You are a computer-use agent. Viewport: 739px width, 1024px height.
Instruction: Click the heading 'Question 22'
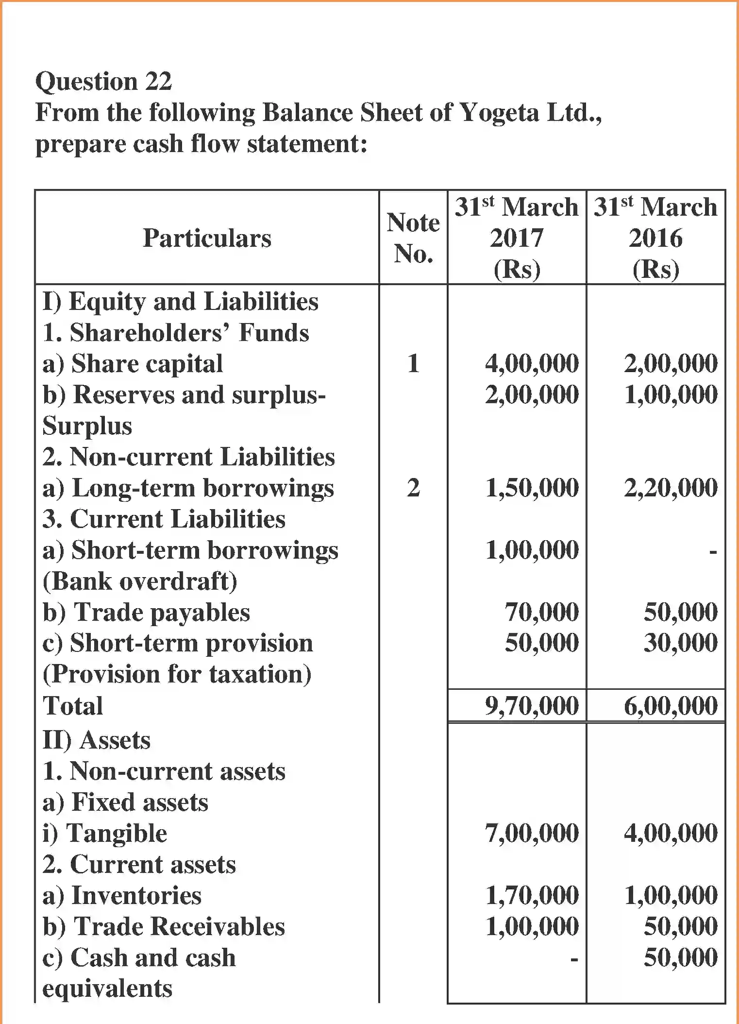click(103, 81)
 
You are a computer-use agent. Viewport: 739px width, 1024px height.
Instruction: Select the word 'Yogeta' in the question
click(498, 113)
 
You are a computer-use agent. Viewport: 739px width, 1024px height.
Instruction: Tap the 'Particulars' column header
click(207, 238)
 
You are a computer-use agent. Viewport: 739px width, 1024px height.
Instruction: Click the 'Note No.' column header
click(413, 238)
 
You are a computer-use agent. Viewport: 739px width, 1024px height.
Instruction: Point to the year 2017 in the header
click(516, 239)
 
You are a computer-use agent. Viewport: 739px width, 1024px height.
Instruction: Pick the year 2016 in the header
click(655, 239)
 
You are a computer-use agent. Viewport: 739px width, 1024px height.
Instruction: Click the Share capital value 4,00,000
click(532, 363)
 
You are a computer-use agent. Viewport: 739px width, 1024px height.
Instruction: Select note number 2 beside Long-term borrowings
click(413, 488)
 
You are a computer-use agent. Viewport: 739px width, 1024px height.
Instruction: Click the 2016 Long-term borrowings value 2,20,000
click(671, 488)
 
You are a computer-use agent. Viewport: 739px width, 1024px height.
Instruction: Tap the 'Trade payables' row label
click(146, 612)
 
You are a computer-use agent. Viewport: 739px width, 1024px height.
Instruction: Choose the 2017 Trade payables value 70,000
click(541, 612)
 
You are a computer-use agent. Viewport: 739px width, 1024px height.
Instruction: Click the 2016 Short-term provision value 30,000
click(680, 643)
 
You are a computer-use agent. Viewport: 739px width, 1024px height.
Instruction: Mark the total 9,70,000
click(532, 706)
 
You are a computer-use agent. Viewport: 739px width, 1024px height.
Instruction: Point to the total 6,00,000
click(671, 706)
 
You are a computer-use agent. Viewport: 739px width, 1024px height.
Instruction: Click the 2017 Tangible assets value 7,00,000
click(532, 833)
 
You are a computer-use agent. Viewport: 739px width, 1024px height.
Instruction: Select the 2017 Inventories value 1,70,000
click(532, 895)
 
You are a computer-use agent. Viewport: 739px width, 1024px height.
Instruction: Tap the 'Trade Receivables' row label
click(164, 926)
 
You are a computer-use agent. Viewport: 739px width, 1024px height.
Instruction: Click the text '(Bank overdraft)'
click(140, 581)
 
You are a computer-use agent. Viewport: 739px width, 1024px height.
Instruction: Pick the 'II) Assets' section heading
click(97, 740)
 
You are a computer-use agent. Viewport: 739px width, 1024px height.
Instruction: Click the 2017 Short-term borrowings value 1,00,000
click(532, 550)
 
